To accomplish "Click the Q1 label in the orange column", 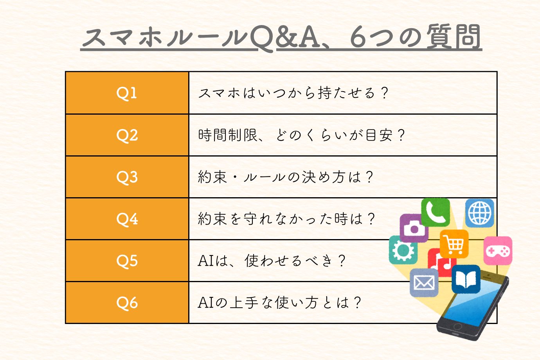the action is pyautogui.click(x=126, y=93).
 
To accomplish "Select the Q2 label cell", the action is pyautogui.click(x=127, y=135).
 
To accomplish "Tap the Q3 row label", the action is pyautogui.click(x=127, y=177).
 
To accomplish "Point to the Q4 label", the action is pyautogui.click(x=127, y=219).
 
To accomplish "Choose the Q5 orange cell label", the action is pyautogui.click(x=127, y=261).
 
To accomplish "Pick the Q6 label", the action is pyautogui.click(x=127, y=302).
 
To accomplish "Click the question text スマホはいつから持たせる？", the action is pyautogui.click(x=293, y=93).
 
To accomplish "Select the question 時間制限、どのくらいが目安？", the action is pyautogui.click(x=301, y=135).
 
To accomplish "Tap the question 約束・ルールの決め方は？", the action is pyautogui.click(x=286, y=177).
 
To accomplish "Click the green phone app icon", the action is pyautogui.click(x=436, y=212).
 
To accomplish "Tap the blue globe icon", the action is pyautogui.click(x=479, y=213).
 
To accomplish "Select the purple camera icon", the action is pyautogui.click(x=414, y=228).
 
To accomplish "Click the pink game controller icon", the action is pyautogui.click(x=498, y=251).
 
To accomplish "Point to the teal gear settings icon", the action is pyautogui.click(x=403, y=250).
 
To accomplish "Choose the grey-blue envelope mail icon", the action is pyautogui.click(x=424, y=283).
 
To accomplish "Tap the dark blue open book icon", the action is pyautogui.click(x=466, y=279).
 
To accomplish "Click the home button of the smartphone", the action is pyautogui.click(x=457, y=327).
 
